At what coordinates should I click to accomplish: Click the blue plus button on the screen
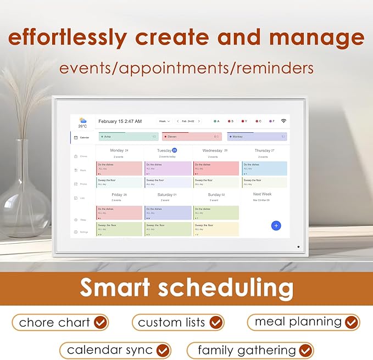pyautogui.click(x=276, y=226)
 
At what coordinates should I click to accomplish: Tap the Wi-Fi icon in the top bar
pyautogui.click(x=283, y=121)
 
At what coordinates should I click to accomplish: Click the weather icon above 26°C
pyautogui.click(x=82, y=120)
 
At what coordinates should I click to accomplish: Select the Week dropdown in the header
pyautogui.click(x=164, y=121)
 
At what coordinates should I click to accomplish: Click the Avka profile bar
pyautogui.click(x=128, y=137)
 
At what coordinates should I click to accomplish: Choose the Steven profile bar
pyautogui.click(x=192, y=137)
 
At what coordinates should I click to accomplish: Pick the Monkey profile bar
pyautogui.click(x=257, y=137)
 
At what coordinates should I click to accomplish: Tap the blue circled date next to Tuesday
pyautogui.click(x=174, y=150)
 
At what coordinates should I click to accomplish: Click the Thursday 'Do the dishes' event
pyautogui.click(x=264, y=168)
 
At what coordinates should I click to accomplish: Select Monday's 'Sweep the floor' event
pyautogui.click(x=119, y=182)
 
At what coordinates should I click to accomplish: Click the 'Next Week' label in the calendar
pyautogui.click(x=262, y=194)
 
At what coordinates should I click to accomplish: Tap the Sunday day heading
pyautogui.click(x=215, y=194)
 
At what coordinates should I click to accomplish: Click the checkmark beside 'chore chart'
pyautogui.click(x=99, y=323)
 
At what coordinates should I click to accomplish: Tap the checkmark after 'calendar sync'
pyautogui.click(x=162, y=350)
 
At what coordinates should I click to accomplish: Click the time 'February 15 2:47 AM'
pyautogui.click(x=120, y=121)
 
